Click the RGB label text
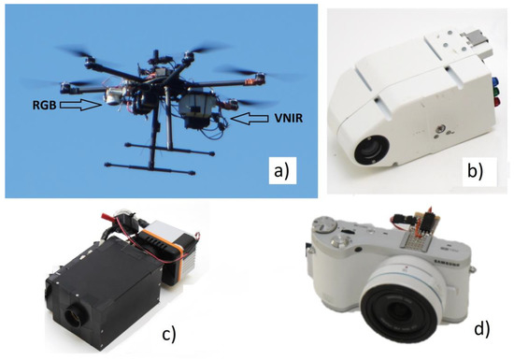point(44,106)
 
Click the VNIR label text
point(288,118)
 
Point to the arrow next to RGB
point(81,105)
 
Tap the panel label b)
point(475,171)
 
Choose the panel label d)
point(482,329)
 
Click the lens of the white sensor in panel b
point(371,150)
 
